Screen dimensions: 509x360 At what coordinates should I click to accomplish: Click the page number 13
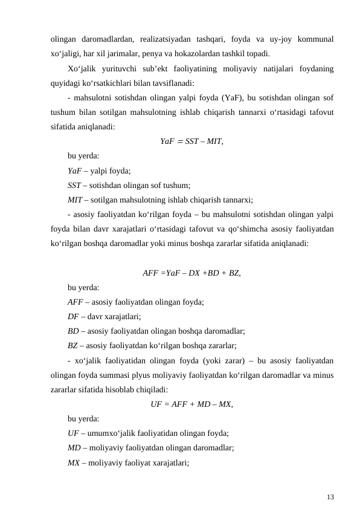pos(330,497)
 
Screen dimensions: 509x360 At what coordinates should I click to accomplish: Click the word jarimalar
pos(138,53)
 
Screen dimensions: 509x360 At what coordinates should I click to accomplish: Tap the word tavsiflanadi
pos(171,83)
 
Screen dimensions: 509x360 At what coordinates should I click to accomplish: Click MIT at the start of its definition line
pos(76,199)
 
